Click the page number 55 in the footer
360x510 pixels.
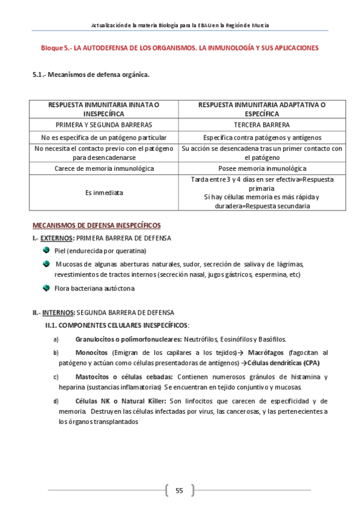[179, 490]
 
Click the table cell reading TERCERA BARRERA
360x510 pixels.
[261, 125]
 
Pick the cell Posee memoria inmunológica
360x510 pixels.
[261, 168]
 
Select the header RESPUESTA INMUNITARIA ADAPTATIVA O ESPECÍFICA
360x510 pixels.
[261, 109]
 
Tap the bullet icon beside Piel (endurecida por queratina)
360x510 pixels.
[46, 250]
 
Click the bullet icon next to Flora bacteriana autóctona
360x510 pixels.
[46, 288]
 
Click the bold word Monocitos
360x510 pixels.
[91, 352]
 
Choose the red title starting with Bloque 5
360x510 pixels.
[179, 47]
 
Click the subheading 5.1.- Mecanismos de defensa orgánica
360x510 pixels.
[90, 75]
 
